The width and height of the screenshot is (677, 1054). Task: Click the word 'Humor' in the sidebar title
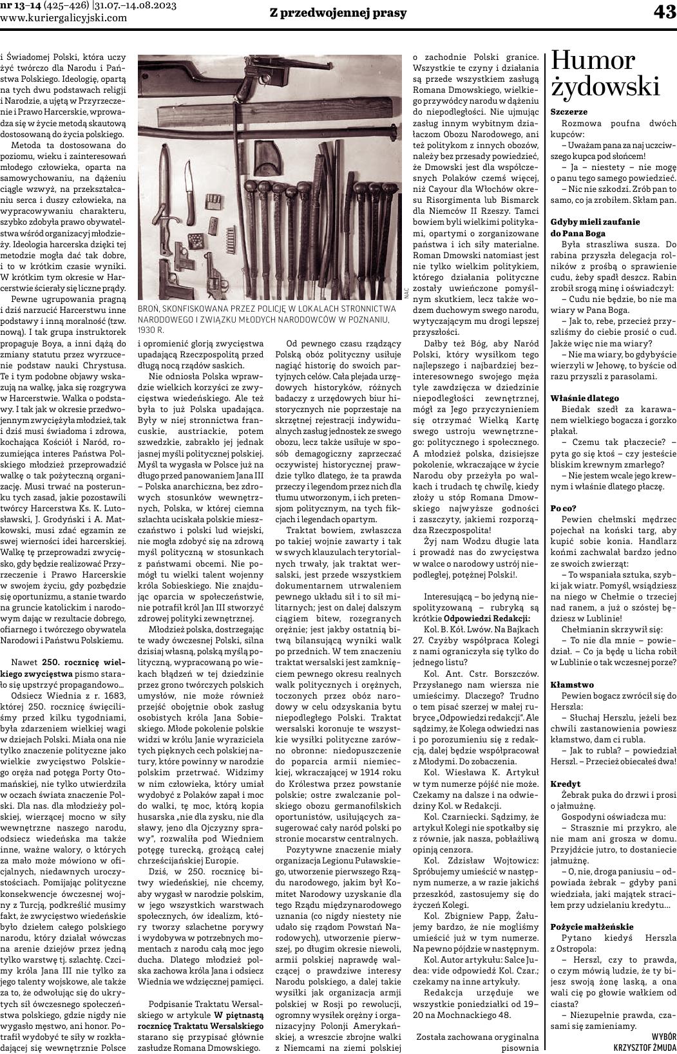point(593,62)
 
